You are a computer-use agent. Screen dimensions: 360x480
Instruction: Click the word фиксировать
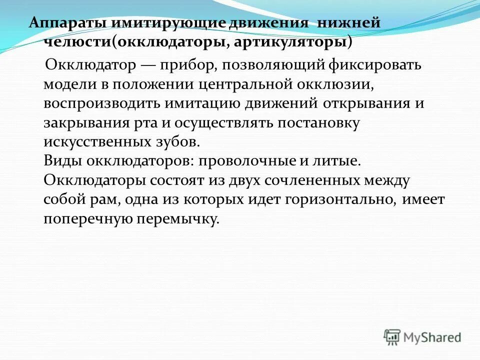coord(374,65)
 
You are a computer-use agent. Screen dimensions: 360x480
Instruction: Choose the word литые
coord(338,161)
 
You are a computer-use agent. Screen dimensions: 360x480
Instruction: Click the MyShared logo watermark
coord(422,337)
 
